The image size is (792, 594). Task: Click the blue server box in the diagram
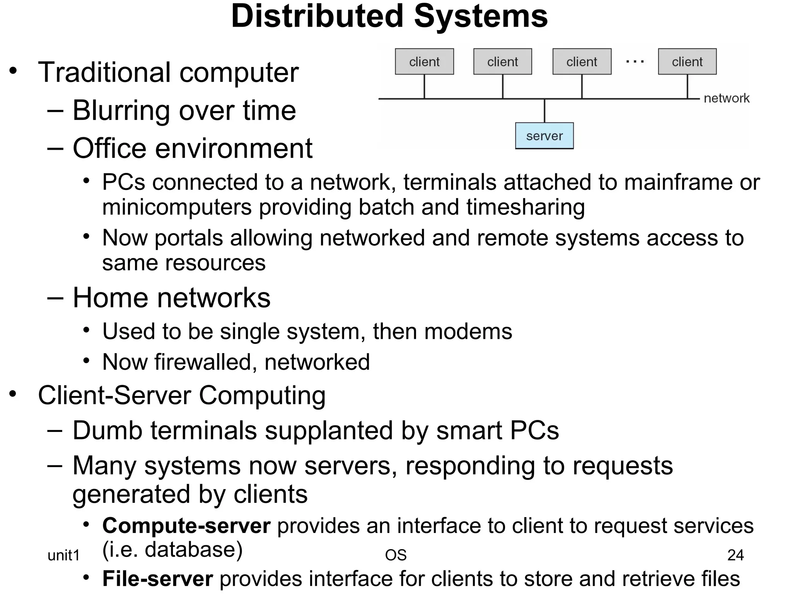coord(544,136)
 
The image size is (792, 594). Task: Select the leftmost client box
coord(424,61)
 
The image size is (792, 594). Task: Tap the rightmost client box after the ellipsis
coord(687,61)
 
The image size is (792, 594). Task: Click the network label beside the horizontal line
coord(726,98)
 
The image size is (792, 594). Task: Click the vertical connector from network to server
coord(544,111)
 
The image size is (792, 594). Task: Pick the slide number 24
coord(735,555)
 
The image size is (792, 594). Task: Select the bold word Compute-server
coord(186,526)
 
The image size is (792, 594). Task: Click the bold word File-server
coord(157,579)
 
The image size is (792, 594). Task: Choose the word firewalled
coord(202,362)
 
